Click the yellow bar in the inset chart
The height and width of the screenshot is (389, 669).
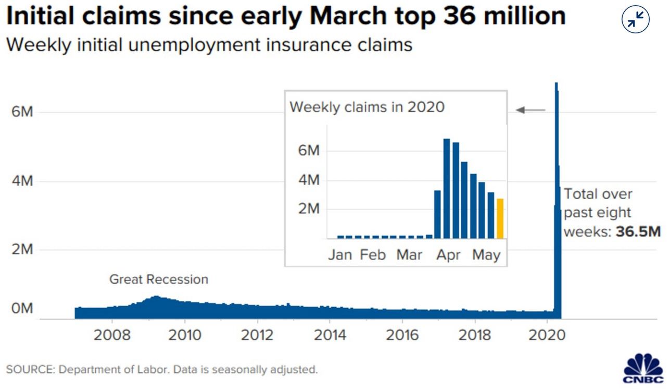coord(500,218)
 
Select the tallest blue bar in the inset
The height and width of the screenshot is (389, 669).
coord(447,188)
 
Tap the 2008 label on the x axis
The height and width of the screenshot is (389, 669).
coord(112,334)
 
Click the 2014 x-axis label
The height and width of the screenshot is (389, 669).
coord(330,334)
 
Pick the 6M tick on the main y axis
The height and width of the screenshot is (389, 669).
coord(22,113)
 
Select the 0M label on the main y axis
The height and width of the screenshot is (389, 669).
coord(22,309)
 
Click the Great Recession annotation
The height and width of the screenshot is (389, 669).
coord(158,279)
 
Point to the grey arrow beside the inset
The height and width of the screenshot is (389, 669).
coord(531,110)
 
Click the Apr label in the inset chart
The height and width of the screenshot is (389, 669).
coord(448,256)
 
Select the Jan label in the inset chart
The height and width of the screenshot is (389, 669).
coord(339,256)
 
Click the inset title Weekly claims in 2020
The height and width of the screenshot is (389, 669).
coord(367,107)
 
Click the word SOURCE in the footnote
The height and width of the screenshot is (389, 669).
coord(29,370)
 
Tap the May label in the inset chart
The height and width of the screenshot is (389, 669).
coord(486,256)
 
